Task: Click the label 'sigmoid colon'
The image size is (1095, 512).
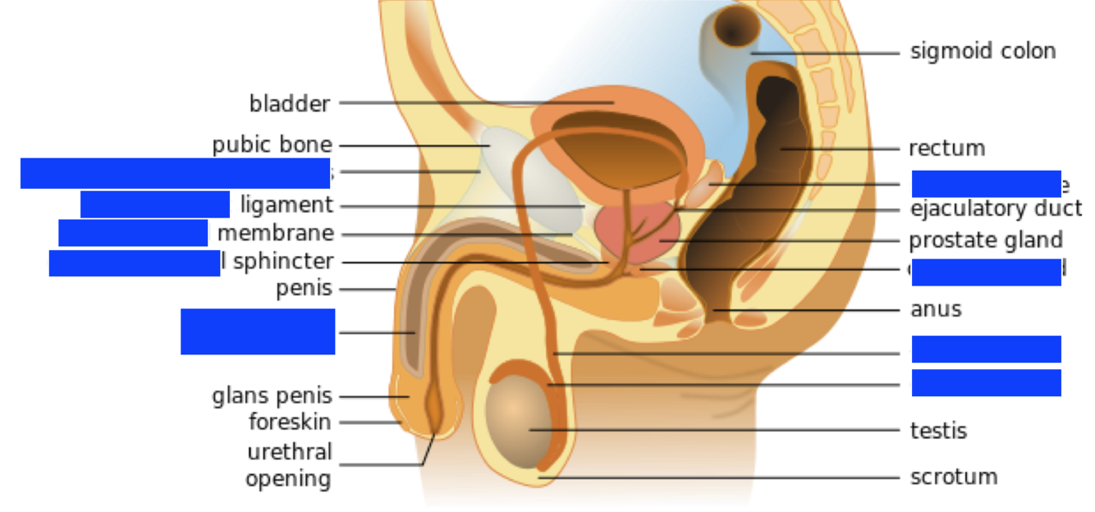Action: (983, 52)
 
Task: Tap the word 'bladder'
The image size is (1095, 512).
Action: (290, 103)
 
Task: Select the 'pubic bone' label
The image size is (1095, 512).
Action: (272, 145)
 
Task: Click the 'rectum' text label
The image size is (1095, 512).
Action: (946, 149)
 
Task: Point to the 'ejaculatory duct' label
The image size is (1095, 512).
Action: (996, 209)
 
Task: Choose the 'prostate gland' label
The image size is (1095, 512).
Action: (985, 241)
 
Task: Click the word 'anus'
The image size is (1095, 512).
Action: (936, 309)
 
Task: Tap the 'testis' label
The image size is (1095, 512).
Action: (938, 431)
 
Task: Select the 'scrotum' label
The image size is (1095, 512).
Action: (954, 477)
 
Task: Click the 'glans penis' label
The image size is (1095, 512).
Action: (272, 396)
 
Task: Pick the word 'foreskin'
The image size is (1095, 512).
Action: (290, 423)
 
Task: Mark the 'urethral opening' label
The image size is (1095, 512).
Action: (289, 465)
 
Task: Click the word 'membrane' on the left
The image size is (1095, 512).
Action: (276, 234)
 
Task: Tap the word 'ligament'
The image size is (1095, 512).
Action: (286, 205)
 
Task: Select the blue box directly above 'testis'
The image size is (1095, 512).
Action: (986, 382)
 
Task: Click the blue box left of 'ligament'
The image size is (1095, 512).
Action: (154, 204)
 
